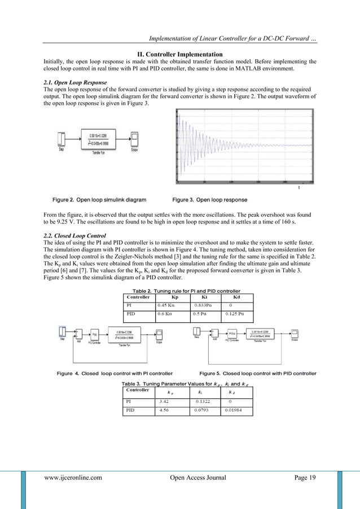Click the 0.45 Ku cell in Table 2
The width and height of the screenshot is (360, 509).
coord(168,306)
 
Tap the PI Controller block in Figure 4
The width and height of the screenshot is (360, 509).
coord(95,334)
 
